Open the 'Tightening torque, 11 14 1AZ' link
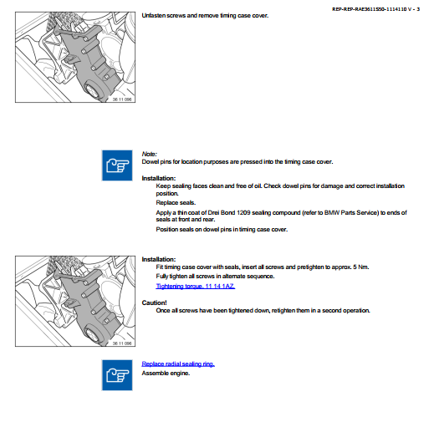click(x=196, y=286)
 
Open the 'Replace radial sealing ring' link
click(x=178, y=364)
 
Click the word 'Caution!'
click(x=154, y=303)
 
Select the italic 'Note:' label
click(x=150, y=154)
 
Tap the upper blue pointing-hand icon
click(x=117, y=165)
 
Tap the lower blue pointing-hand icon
click(x=117, y=375)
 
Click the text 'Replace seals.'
click(x=176, y=203)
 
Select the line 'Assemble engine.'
click(x=166, y=374)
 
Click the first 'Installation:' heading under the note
click(x=159, y=178)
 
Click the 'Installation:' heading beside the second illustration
click(x=159, y=259)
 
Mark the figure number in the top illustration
click(x=122, y=99)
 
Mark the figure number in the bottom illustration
click(x=122, y=343)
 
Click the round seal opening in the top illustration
click(x=92, y=91)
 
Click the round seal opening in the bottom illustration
click(x=92, y=335)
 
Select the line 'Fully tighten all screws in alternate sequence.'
click(x=215, y=277)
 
